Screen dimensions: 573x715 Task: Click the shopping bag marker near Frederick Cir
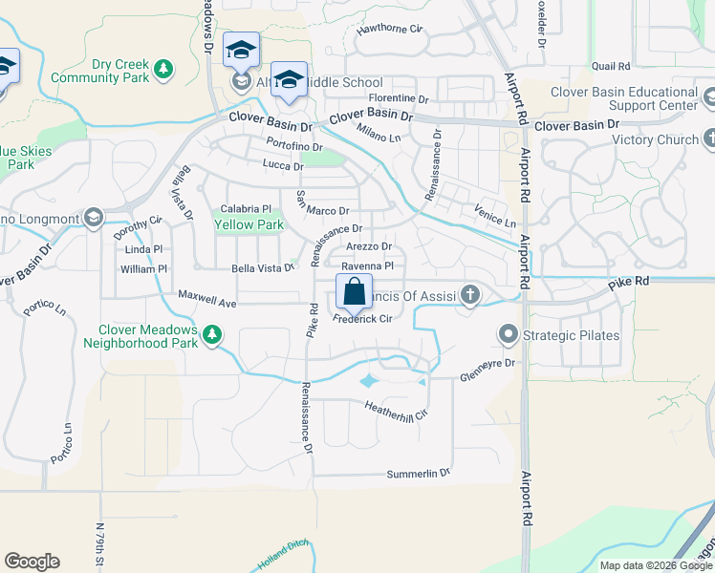(x=354, y=291)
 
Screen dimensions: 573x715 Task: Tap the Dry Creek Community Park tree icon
(x=164, y=68)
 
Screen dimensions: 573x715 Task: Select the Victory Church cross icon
(x=709, y=139)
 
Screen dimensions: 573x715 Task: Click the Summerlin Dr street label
(x=418, y=474)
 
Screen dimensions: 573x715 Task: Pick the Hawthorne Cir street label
(x=389, y=30)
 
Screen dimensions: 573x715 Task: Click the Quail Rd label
(x=611, y=67)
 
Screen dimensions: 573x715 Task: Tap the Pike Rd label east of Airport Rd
(x=628, y=283)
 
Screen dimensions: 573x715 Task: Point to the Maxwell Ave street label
(x=206, y=303)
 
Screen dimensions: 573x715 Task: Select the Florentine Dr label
(x=399, y=98)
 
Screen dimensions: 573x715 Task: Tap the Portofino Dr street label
(x=294, y=147)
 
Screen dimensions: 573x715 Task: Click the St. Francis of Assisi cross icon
(x=469, y=295)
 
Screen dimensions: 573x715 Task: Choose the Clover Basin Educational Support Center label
(x=626, y=98)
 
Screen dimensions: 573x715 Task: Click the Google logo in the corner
(x=32, y=562)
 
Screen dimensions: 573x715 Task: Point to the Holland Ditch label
(x=278, y=563)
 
